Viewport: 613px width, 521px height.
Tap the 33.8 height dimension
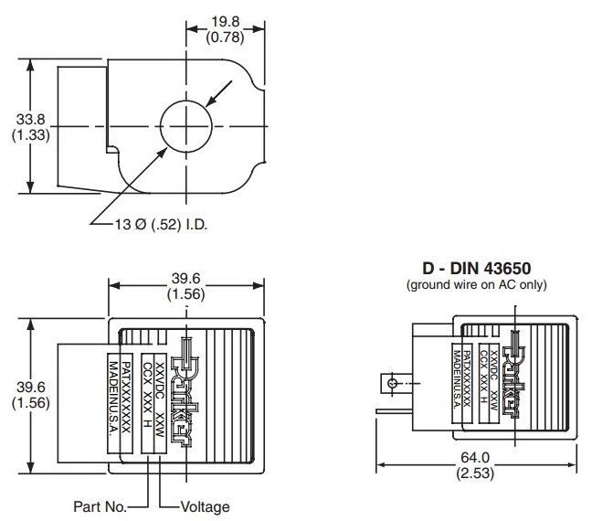tap(18, 117)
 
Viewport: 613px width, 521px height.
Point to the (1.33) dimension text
tap(18, 133)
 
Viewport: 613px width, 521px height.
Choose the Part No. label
tap(99, 505)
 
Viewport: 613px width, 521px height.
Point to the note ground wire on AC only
tap(475, 284)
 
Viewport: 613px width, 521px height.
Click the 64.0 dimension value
tap(476, 458)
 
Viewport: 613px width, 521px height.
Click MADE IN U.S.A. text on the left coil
tap(115, 400)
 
